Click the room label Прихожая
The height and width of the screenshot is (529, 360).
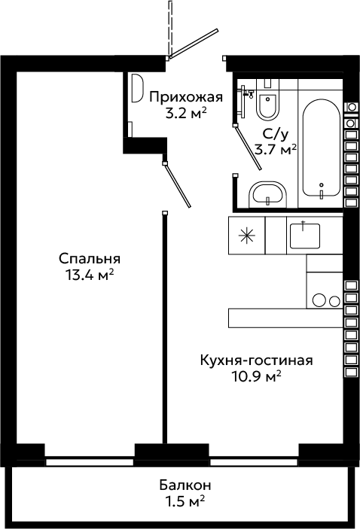186,98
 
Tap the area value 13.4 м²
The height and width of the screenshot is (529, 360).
90,275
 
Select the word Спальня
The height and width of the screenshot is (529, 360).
90,259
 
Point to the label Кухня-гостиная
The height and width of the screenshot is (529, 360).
256,360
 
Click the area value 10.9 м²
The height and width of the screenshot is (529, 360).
256,376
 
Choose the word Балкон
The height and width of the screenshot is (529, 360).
185,485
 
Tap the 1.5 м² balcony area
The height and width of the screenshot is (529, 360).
185,502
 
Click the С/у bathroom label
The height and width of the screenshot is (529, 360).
276,135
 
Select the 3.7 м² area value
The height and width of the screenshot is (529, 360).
276,149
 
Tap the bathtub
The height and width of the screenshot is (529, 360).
321,147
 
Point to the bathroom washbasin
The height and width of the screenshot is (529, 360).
267,195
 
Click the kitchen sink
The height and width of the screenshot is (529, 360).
304,235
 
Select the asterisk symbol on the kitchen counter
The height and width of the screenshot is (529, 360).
246,235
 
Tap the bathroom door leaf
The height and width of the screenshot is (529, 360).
249,147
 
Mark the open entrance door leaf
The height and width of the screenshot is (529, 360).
194,44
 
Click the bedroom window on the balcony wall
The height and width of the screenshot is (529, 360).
90,461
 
